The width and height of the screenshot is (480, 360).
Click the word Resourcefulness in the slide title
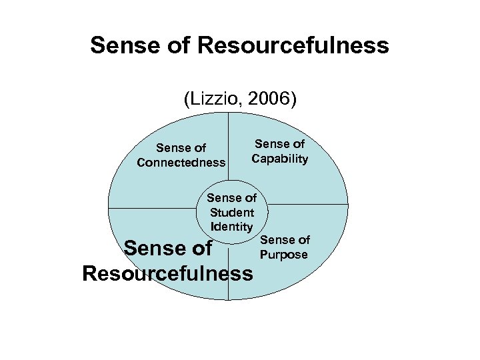click(x=293, y=46)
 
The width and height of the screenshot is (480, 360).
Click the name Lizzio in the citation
click(x=219, y=99)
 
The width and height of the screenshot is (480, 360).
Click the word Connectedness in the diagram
click(x=181, y=162)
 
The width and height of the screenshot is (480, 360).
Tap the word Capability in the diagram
click(x=279, y=158)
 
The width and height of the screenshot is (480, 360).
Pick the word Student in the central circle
click(x=231, y=213)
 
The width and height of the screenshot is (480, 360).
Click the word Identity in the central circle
click(x=231, y=226)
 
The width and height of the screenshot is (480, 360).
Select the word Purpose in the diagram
click(x=284, y=254)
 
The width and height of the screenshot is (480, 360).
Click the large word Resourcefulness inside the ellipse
click(x=167, y=273)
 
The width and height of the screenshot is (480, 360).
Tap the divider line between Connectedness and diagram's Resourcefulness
click(x=153, y=207)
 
